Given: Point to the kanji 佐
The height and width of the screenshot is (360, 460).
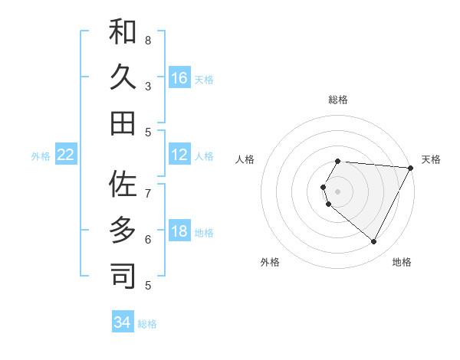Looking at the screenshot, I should tap(123, 184).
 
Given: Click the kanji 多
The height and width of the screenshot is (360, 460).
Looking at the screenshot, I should tap(123, 230).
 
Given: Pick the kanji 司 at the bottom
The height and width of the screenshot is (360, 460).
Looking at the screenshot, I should tap(123, 276).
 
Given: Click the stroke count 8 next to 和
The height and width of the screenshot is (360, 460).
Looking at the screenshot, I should tap(148, 40).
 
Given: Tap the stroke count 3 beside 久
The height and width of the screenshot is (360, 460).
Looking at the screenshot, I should tap(148, 86).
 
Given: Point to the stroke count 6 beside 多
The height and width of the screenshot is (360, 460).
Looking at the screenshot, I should tap(148, 239).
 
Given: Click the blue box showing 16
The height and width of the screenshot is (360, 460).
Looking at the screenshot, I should tap(179, 77).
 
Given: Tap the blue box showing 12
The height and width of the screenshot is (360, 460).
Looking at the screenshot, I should tap(179, 155).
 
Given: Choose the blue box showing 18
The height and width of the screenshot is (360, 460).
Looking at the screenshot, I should tap(179, 231).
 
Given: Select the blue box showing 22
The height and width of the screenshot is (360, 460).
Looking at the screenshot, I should tap(66, 155).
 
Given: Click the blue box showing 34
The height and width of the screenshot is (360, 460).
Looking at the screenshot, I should tap(123, 322).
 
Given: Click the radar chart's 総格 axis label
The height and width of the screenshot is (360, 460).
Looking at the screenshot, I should tap(338, 100).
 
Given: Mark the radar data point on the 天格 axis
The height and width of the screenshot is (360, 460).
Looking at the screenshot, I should tap(411, 169).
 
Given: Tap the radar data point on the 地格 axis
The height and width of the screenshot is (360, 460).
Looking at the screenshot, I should tap(373, 242).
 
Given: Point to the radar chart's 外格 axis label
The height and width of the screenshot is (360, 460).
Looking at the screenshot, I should tap(270, 262).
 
